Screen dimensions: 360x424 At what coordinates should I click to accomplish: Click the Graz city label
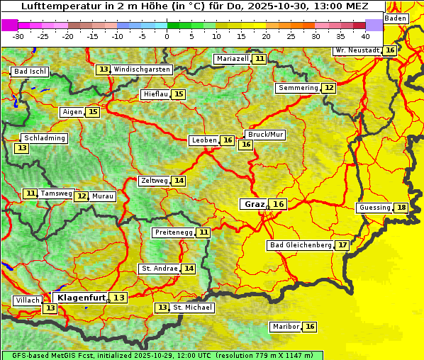(x=254, y=204)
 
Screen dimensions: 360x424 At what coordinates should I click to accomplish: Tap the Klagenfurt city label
(x=81, y=298)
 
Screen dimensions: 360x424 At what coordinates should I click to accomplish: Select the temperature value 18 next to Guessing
(x=401, y=208)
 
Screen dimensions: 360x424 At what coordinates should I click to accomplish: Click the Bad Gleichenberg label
(x=300, y=245)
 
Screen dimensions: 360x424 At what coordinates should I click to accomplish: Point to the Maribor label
(x=285, y=327)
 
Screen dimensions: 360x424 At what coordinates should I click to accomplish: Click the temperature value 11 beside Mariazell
(x=260, y=59)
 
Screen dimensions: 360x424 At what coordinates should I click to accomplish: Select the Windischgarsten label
(x=142, y=69)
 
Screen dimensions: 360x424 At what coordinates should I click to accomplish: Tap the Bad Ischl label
(x=30, y=72)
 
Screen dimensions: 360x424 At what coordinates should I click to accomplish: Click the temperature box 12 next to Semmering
(x=328, y=88)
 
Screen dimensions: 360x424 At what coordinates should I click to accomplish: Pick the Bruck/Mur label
(x=265, y=134)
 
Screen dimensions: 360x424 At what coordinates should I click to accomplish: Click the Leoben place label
(x=204, y=140)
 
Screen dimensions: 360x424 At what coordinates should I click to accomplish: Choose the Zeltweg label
(x=155, y=181)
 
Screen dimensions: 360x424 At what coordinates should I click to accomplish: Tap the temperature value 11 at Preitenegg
(x=203, y=232)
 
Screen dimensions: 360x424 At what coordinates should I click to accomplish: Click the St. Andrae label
(x=159, y=269)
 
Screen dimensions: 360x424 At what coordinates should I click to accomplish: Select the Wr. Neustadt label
(x=357, y=50)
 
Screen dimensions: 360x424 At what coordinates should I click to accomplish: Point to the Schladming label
(x=44, y=138)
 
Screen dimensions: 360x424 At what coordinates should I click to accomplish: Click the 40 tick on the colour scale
(x=365, y=35)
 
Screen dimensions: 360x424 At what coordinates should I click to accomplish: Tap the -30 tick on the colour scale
(x=18, y=35)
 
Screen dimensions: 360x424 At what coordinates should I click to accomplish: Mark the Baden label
(x=396, y=18)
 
